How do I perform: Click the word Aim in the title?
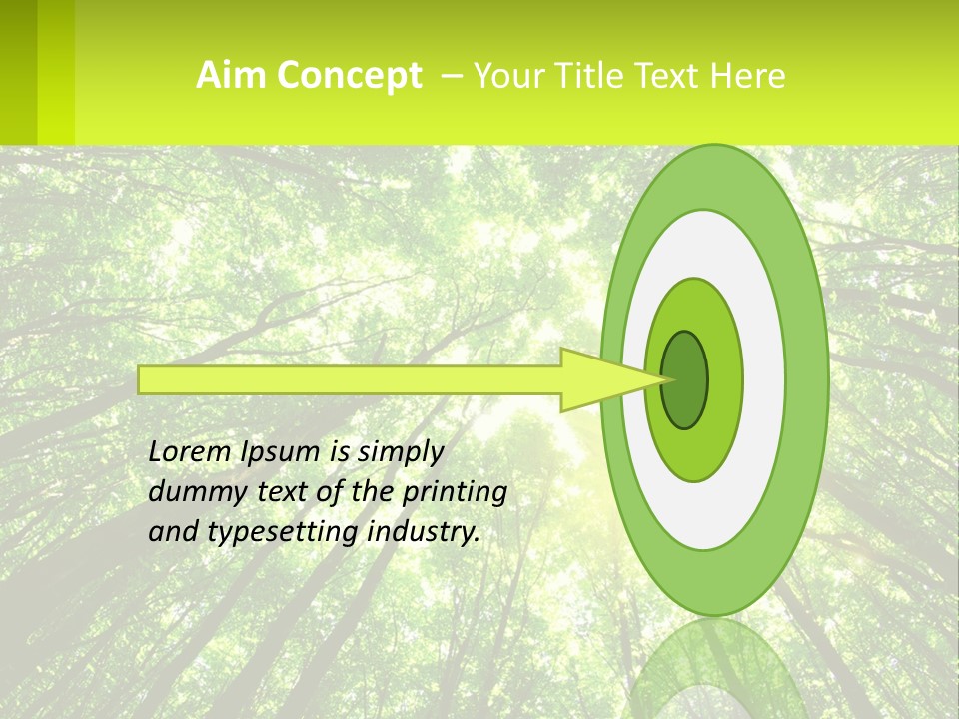(x=230, y=76)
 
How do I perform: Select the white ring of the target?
(x=764, y=379)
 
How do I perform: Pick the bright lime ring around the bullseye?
(x=725, y=379)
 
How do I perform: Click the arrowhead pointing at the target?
(x=599, y=379)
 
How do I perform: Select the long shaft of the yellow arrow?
(x=350, y=379)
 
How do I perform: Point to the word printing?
(x=454, y=492)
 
